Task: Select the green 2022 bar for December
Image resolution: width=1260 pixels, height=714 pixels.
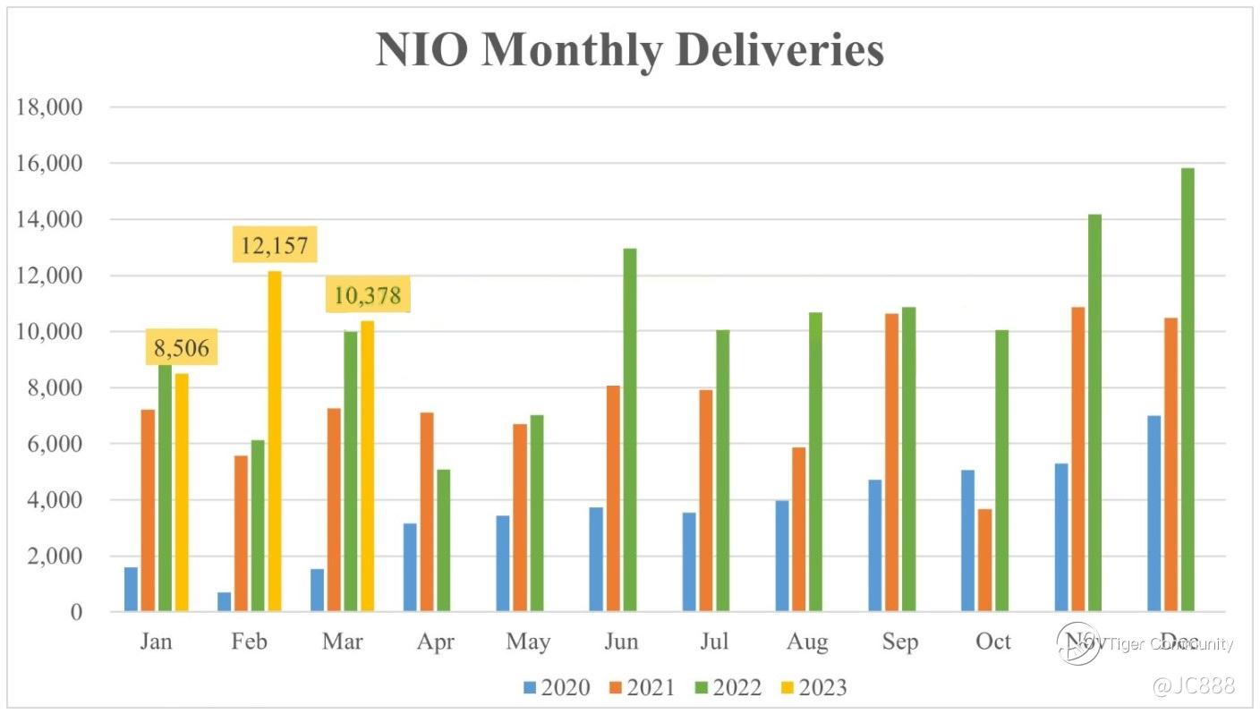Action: [1188, 389]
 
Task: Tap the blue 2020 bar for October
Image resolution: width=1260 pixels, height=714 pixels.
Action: [967, 540]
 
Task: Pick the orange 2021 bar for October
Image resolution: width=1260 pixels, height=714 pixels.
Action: [984, 560]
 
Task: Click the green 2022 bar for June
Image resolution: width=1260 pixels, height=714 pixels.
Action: [630, 429]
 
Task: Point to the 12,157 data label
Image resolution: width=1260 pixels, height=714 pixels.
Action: [275, 244]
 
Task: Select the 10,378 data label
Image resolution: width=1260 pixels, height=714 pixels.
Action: [367, 294]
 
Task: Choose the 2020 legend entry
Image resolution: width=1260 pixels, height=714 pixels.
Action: [557, 687]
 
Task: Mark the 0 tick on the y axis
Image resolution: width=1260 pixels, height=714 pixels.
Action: [77, 613]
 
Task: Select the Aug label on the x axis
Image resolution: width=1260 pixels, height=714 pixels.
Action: [807, 642]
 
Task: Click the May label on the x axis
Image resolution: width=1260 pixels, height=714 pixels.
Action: [528, 642]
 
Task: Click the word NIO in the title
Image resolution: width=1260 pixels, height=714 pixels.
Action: [423, 50]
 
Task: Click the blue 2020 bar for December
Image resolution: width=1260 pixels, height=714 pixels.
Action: [1154, 514]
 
